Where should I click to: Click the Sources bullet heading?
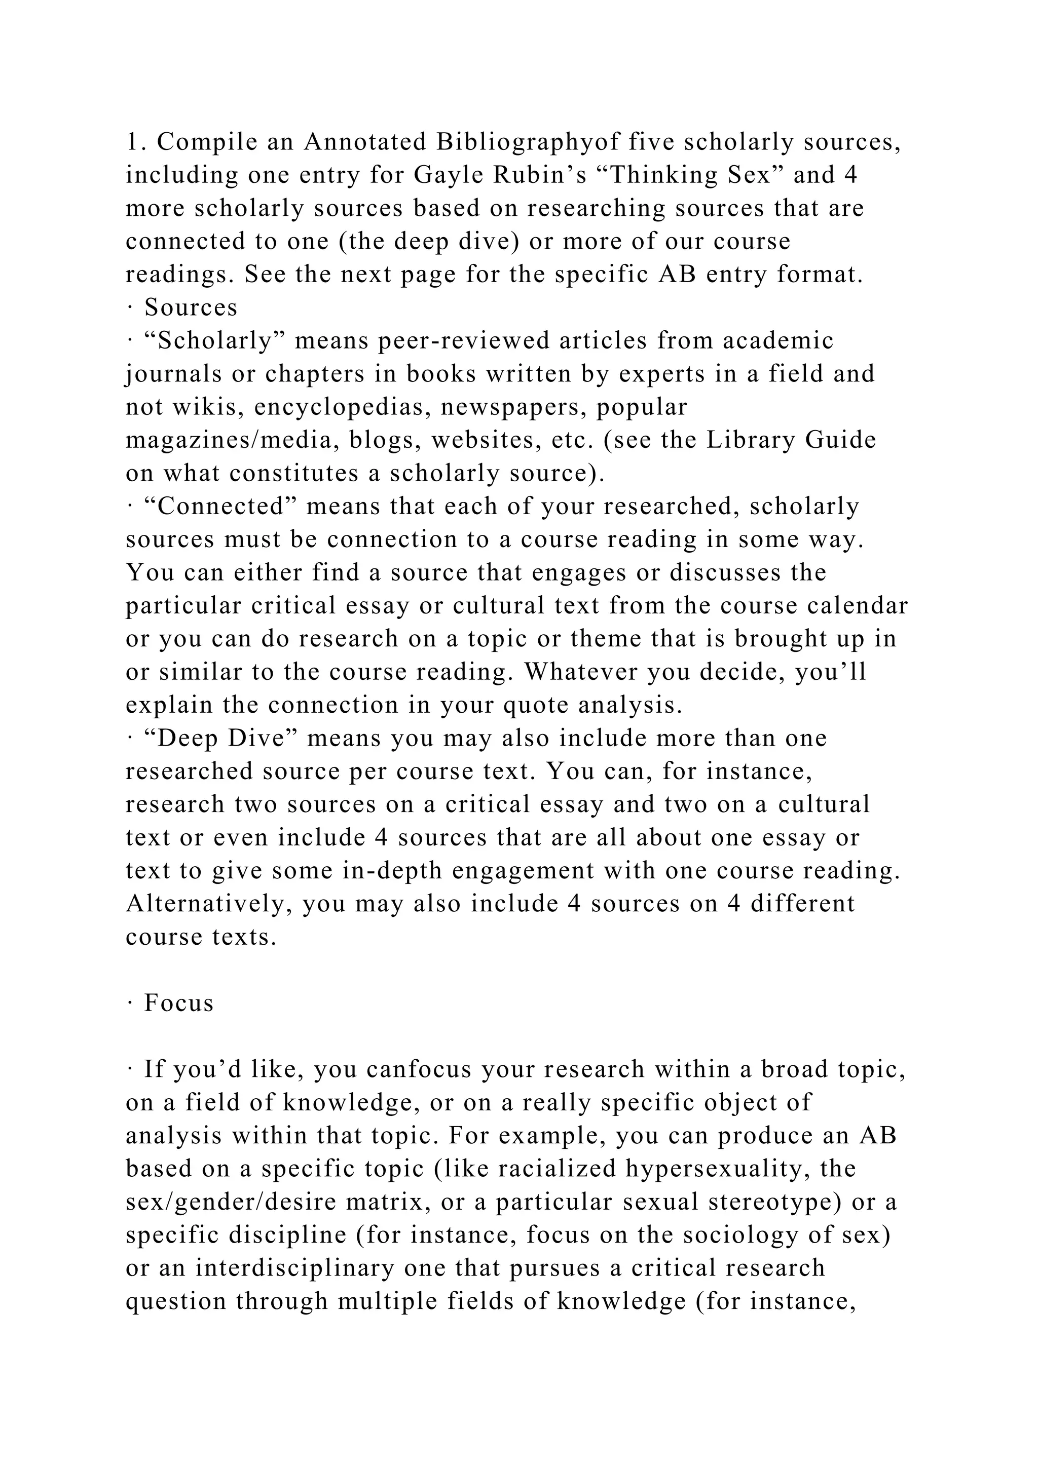tap(191, 308)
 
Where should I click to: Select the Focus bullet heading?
tap(178, 1003)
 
